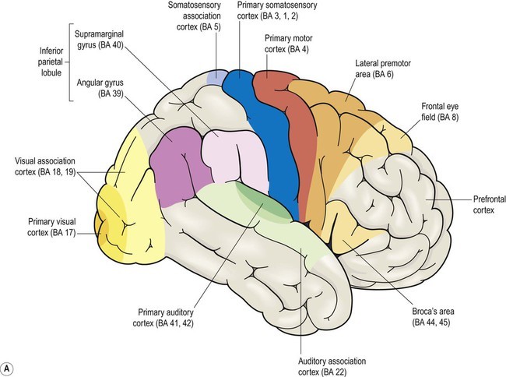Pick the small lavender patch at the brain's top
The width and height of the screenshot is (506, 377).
tap(214, 77)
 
